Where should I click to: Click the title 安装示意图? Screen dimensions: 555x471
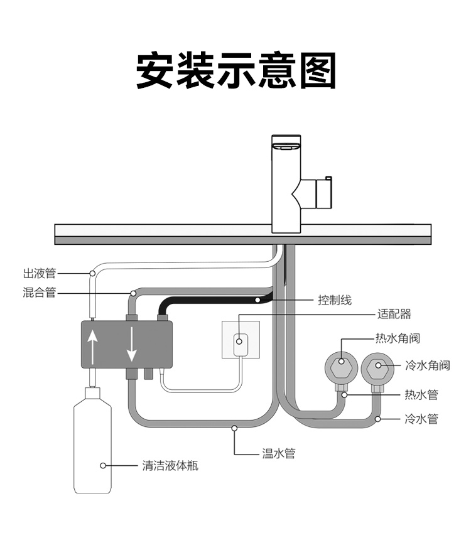coord(236,70)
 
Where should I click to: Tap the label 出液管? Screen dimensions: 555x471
coord(40,273)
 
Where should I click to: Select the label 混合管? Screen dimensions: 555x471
coord(40,293)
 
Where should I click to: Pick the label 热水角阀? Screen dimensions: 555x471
coord(398,338)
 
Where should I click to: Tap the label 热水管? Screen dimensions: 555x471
coord(421,395)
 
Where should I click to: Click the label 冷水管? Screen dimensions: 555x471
coord(421,418)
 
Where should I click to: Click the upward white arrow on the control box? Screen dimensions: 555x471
coord(93,347)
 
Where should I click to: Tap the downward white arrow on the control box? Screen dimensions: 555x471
coord(131,346)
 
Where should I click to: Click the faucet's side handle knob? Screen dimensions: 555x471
coord(326,192)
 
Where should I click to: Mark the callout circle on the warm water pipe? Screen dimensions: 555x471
coord(235,428)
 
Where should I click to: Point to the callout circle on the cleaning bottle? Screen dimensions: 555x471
coord(102,466)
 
